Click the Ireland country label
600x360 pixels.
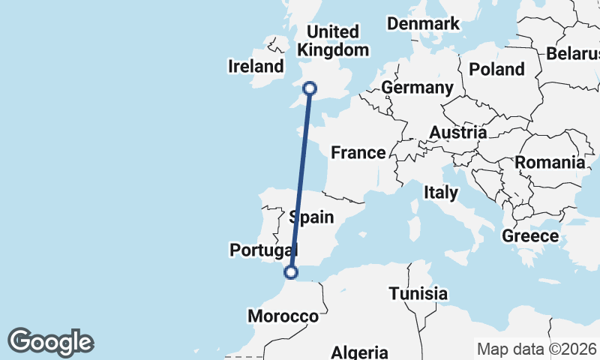tap(256, 67)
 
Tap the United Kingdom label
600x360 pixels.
tap(334, 41)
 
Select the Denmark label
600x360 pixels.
tap(423, 24)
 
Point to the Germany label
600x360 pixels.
tap(417, 88)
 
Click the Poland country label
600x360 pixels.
tap(496, 70)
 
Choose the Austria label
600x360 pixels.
tap(457, 133)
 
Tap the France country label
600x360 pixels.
tap(358, 153)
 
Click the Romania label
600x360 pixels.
tap(550, 162)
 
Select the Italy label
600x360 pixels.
tap(440, 193)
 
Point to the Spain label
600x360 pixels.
tap(311, 217)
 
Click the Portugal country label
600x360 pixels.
tap(263, 250)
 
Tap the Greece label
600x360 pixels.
tap(530, 236)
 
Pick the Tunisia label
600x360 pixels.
tap(418, 294)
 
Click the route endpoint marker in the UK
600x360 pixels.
tap(308, 89)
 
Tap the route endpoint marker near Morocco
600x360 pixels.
tap(291, 272)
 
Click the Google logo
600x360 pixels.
tap(50, 342)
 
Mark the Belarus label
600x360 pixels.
tap(574, 54)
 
